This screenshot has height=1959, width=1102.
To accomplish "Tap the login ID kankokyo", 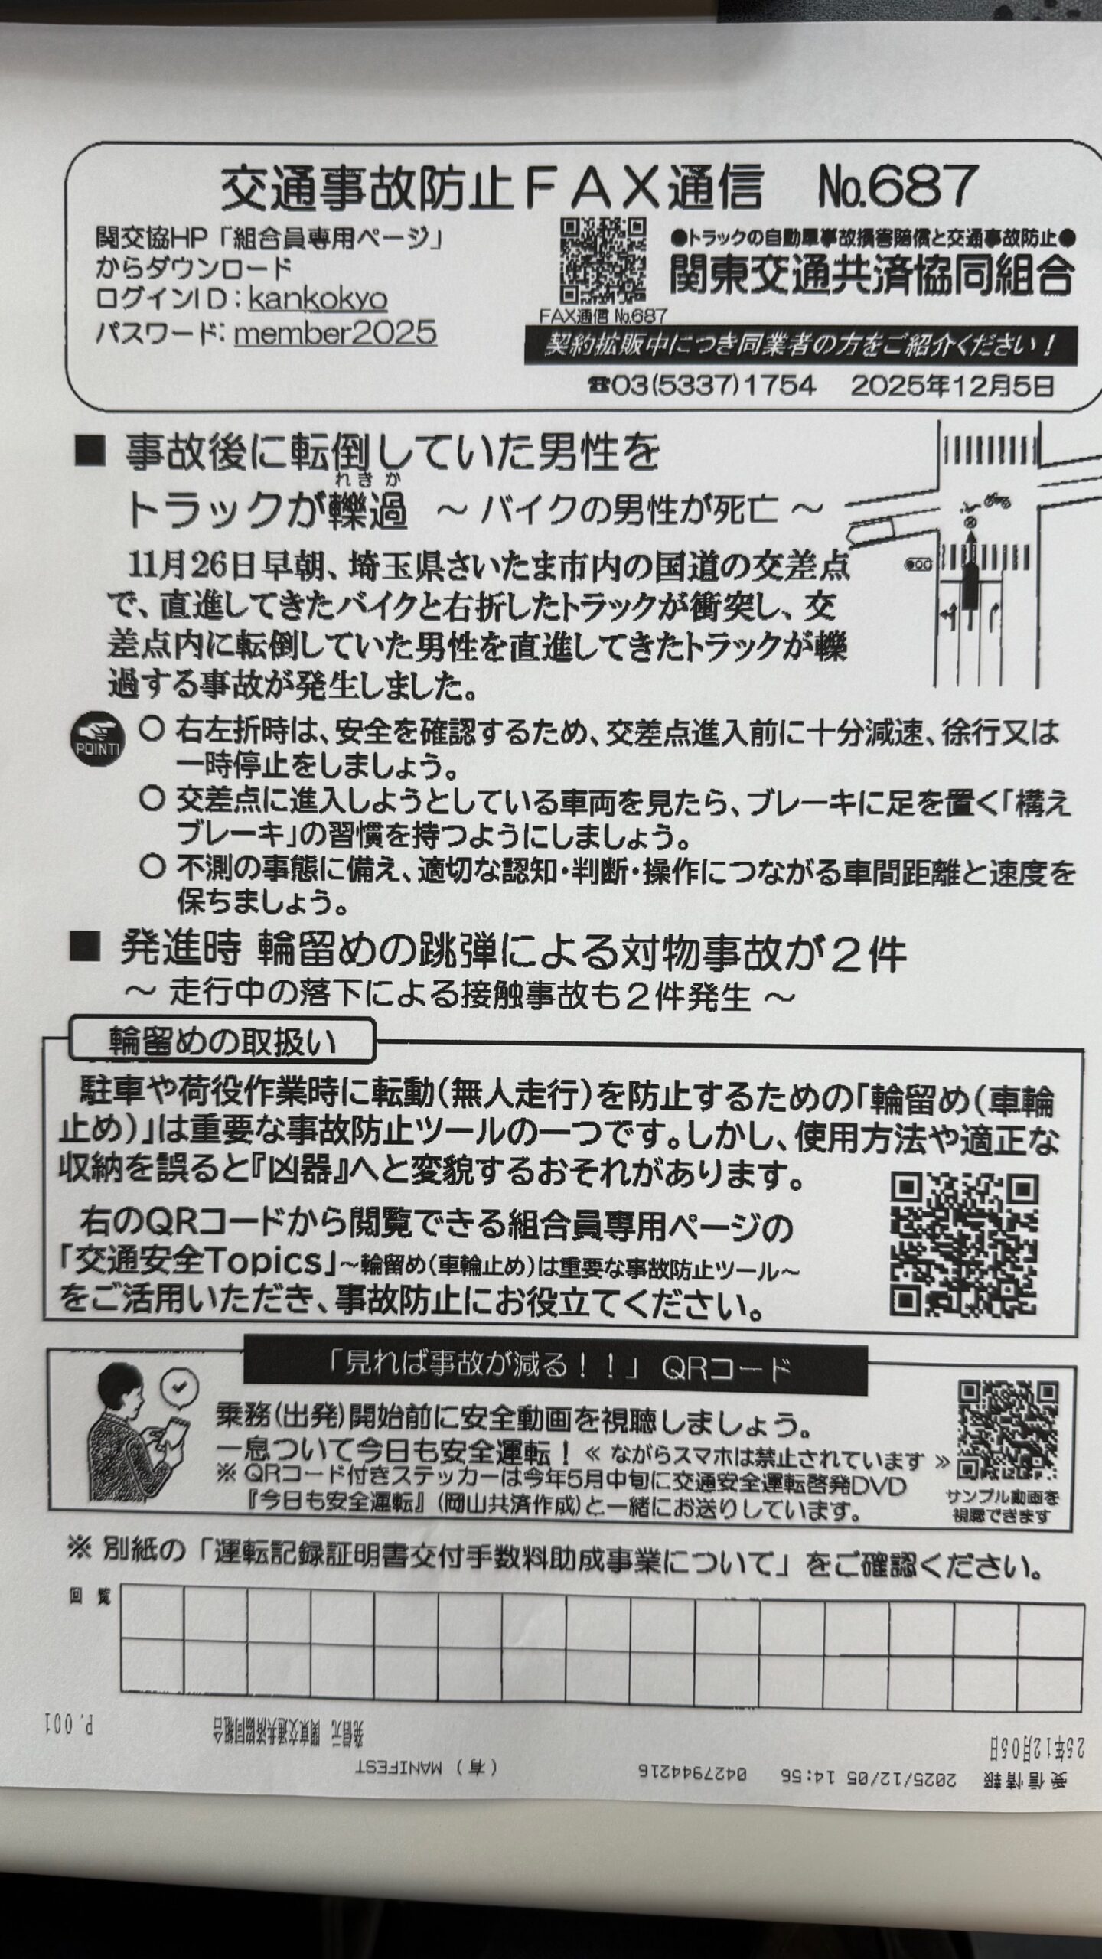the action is (318, 299).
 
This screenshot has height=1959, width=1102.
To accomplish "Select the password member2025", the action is (335, 334).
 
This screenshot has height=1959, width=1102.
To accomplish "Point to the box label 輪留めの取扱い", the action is (222, 1044).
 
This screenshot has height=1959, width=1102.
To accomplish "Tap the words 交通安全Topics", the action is (199, 1263).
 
